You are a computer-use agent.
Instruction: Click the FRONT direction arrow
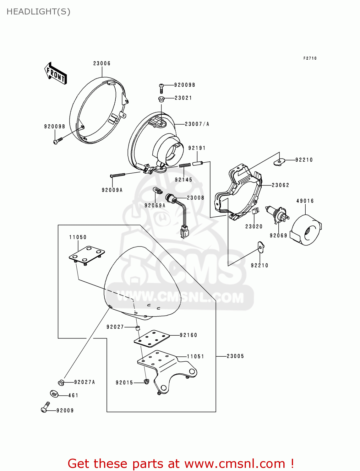tap(56, 73)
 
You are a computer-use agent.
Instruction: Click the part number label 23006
tap(102, 63)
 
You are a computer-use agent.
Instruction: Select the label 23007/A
tap(197, 124)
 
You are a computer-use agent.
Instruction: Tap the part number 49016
tap(305, 201)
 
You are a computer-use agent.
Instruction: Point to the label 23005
tap(235, 356)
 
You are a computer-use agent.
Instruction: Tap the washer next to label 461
tap(54, 394)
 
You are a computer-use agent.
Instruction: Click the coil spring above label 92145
tap(185, 165)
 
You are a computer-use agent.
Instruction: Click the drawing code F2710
tap(310, 58)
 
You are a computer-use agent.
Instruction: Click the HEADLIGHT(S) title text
tap(38, 12)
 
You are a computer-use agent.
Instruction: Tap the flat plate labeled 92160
tap(152, 338)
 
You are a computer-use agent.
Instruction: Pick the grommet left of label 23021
tap(161, 99)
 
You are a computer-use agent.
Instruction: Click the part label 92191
tap(197, 148)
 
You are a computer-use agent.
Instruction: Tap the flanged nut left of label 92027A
tap(61, 382)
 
